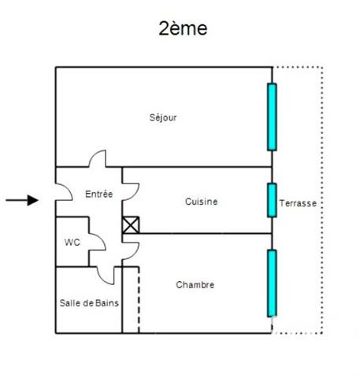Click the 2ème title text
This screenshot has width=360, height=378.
point(183,28)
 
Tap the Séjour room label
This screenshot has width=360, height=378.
point(163,117)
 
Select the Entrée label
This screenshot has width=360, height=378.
point(99,194)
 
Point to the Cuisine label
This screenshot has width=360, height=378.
point(202,202)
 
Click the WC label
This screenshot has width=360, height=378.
point(72,243)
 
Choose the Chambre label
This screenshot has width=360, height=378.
point(195,285)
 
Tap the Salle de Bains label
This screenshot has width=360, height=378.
point(89,303)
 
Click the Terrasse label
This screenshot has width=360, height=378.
point(298,203)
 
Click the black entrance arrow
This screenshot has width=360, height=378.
point(22,200)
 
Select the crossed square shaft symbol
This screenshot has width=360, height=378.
point(131,225)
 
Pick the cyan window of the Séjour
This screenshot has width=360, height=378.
point(272,117)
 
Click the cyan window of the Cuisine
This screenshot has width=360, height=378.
point(272,200)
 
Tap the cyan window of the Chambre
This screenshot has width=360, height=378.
point(272,283)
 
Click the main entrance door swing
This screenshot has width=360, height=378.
point(69,188)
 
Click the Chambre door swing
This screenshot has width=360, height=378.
point(135,254)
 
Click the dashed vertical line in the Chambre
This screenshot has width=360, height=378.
point(139,300)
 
